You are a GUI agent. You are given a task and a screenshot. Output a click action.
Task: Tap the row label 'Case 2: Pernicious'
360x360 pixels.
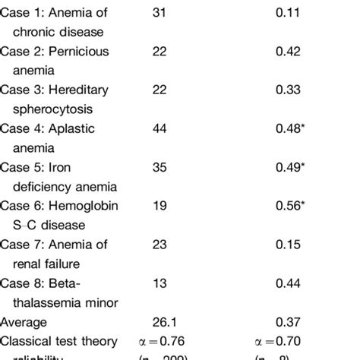56,52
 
